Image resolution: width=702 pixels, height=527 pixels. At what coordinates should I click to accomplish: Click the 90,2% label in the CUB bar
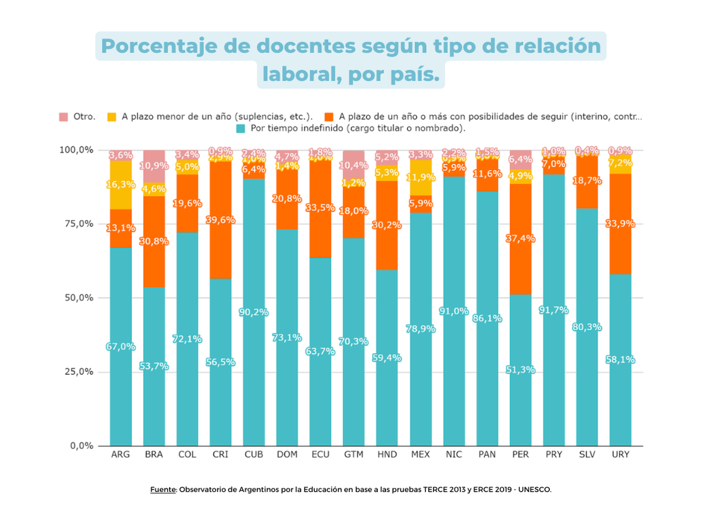254,312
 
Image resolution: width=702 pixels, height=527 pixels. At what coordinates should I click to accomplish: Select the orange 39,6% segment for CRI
221,220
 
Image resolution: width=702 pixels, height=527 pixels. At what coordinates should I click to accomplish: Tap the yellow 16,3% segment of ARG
121,184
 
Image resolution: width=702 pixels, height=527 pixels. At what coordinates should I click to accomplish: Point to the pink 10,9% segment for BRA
154,166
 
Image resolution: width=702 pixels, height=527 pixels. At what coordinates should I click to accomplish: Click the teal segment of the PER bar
521,369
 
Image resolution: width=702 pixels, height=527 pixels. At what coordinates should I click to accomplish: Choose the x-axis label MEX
420,454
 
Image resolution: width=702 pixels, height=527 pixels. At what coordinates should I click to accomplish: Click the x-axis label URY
620,454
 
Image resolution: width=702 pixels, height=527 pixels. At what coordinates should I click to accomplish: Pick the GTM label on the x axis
353,454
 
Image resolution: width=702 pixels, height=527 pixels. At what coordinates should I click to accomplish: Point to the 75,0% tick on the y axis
78,224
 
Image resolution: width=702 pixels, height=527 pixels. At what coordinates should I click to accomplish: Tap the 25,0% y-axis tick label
78,372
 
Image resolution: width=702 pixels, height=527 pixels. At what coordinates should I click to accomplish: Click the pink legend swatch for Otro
64,117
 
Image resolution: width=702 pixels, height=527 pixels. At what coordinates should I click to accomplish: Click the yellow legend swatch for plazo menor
112,117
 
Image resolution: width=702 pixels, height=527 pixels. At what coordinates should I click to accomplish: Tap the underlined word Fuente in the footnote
163,490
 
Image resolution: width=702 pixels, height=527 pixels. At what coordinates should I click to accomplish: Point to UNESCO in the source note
532,490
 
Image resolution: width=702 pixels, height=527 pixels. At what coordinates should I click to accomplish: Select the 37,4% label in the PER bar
521,239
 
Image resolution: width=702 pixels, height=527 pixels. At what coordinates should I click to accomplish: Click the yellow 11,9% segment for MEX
420,177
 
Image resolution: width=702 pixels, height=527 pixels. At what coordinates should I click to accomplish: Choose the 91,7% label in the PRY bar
554,310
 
